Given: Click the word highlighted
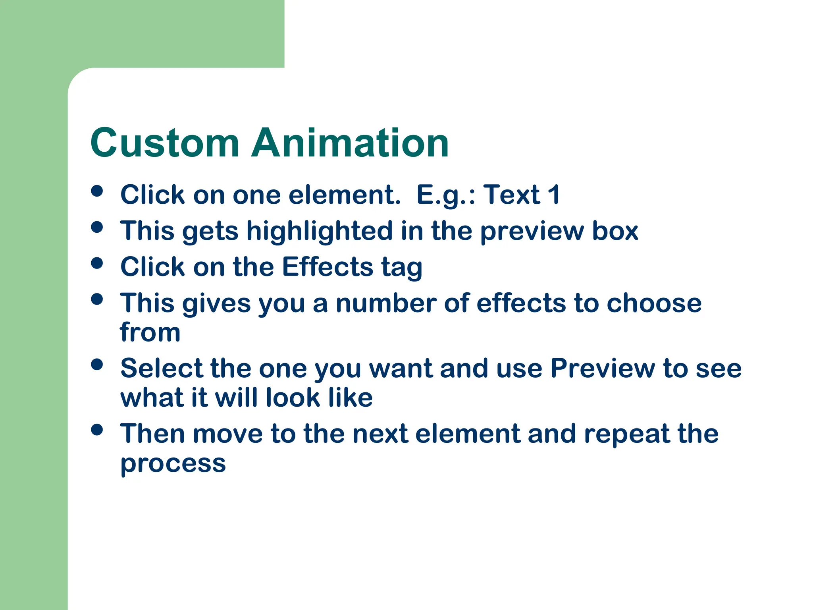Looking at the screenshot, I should (x=320, y=231).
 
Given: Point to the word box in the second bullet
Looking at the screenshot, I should (x=615, y=231).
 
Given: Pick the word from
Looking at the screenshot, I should (x=150, y=332).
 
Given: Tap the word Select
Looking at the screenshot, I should (x=161, y=368).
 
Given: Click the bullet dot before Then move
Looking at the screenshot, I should (x=97, y=430).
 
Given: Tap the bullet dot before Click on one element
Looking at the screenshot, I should (x=97, y=191).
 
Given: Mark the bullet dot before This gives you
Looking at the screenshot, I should (x=97, y=299).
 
